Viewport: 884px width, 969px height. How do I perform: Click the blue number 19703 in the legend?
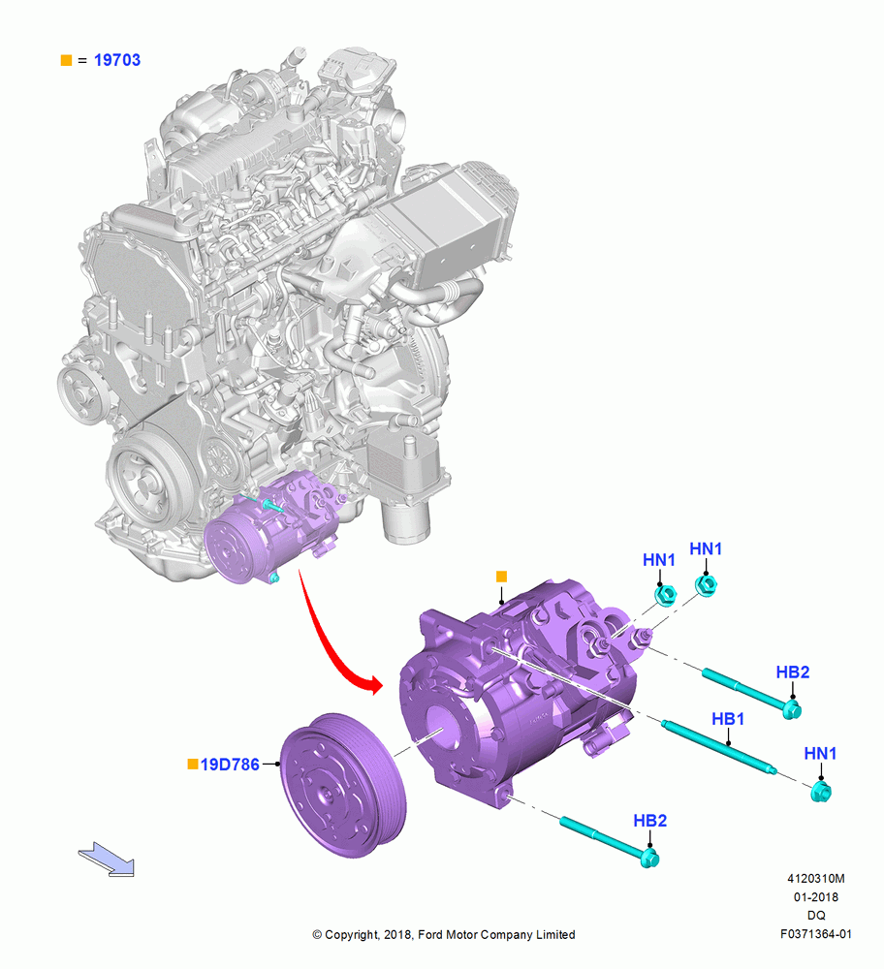[117, 60]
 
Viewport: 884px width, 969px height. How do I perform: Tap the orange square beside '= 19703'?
[66, 60]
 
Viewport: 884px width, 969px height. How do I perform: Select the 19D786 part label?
[230, 765]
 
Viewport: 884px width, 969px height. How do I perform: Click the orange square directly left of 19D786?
[193, 765]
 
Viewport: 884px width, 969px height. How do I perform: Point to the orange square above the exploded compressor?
[501, 577]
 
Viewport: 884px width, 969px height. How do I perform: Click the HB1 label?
[728, 719]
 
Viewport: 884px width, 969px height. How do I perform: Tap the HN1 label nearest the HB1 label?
[820, 753]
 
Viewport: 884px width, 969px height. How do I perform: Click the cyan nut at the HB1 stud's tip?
[821, 792]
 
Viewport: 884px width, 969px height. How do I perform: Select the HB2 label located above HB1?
[793, 672]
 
